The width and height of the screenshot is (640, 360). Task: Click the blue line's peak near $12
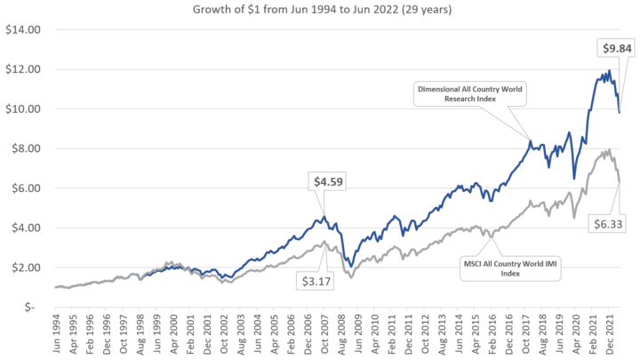[x=608, y=71]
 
